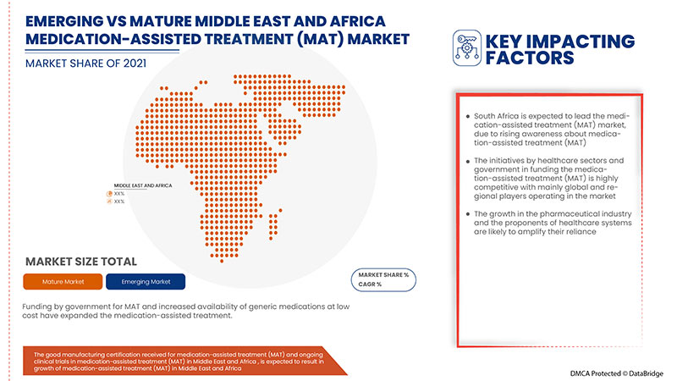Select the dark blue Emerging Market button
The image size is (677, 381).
(x=146, y=281)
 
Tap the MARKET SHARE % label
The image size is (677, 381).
(x=384, y=275)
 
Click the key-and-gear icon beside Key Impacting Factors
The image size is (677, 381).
(x=466, y=48)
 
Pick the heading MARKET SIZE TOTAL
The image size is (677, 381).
(x=81, y=262)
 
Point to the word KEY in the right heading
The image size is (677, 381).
(x=505, y=41)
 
